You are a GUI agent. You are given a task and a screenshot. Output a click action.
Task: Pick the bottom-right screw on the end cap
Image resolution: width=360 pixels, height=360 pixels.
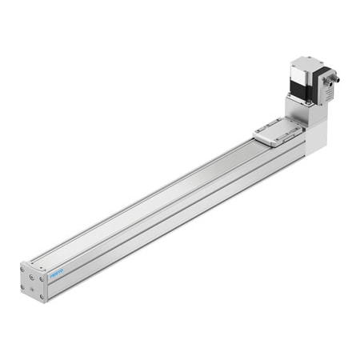42,296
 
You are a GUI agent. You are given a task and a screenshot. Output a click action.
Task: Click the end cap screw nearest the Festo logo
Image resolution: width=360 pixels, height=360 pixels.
42,279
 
